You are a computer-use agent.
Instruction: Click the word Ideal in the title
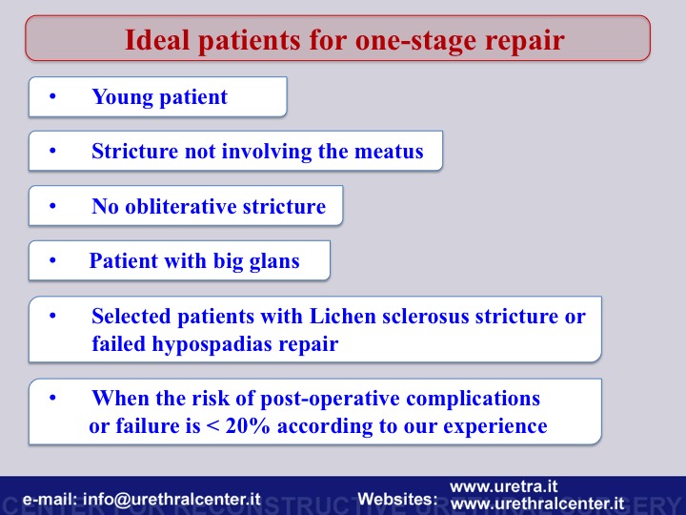157,40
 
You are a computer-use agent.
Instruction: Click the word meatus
389,151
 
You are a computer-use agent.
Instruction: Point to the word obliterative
181,206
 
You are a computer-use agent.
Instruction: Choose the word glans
274,262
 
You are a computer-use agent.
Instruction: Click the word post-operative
330,399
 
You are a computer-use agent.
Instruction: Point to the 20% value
248,425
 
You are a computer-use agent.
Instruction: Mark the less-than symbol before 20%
213,426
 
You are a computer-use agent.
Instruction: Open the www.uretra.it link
504,486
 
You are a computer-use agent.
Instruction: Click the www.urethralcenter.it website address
536,504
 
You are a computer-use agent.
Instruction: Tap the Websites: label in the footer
397,499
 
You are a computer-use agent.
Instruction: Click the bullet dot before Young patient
52,96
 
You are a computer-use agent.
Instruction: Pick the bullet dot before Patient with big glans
52,261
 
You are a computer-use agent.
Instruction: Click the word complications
473,399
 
